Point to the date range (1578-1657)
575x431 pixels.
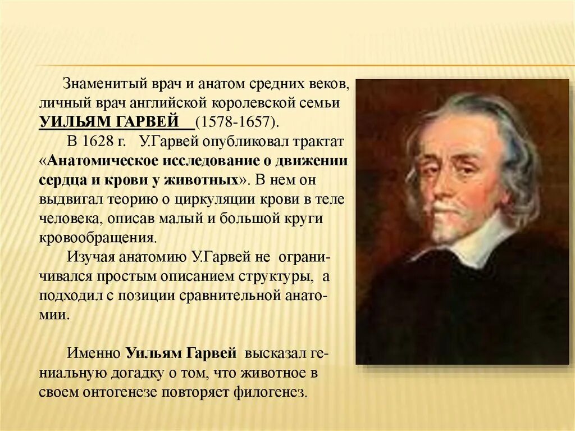236,123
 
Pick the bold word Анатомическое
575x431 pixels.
103,161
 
